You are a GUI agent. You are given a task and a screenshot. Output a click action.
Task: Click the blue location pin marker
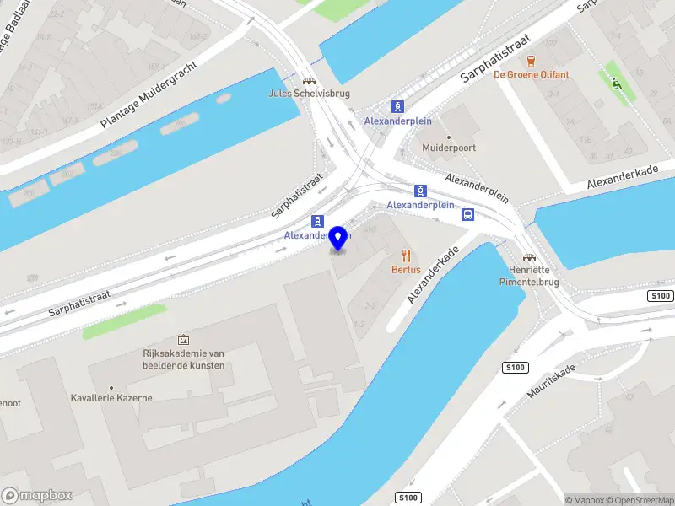tap(339, 239)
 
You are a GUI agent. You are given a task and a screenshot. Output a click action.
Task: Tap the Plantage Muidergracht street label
tap(148, 94)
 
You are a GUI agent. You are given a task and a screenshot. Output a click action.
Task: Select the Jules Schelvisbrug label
tap(309, 94)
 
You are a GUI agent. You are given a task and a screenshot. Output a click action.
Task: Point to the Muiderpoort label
tap(449, 148)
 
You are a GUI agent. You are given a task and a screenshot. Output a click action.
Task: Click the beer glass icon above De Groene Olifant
tap(532, 61)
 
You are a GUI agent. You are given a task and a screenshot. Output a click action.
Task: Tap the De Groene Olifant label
tap(532, 74)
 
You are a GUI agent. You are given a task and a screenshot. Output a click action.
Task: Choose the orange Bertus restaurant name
tap(406, 269)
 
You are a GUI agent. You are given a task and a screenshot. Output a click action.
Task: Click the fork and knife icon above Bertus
tap(406, 256)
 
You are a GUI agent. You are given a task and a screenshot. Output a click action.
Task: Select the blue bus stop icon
tap(467, 214)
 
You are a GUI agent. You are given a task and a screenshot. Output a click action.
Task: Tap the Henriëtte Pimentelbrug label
tap(530, 276)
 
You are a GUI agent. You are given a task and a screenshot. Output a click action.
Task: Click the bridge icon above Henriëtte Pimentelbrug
tap(530, 257)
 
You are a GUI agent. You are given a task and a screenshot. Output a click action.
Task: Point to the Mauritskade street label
tap(552, 380)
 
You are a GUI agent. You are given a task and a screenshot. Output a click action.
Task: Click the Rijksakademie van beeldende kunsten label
tap(184, 359)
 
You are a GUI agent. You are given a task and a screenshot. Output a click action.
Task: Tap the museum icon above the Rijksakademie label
tap(184, 339)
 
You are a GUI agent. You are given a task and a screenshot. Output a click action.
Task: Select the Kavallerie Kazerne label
tap(111, 397)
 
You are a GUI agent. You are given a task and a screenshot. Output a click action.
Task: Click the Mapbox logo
tap(37, 495)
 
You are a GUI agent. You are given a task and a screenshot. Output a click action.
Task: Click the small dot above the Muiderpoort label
tap(449, 136)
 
